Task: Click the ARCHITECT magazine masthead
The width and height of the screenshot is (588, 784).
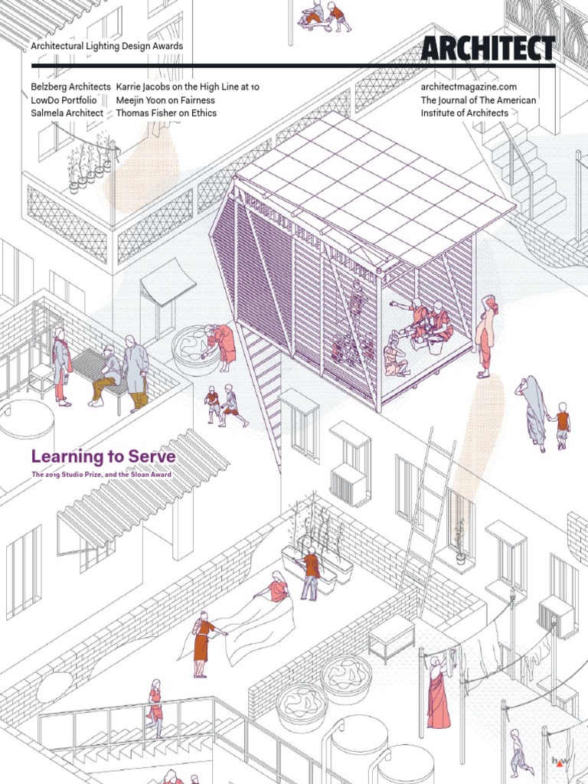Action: tap(488, 48)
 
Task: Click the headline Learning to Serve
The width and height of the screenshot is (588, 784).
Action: tap(103, 457)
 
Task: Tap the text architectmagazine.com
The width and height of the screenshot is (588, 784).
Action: tap(469, 87)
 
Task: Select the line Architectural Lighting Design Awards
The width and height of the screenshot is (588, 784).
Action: tap(106, 47)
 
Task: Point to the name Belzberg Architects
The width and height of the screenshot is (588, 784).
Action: tap(70, 87)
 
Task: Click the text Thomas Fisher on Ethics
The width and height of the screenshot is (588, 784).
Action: tap(166, 113)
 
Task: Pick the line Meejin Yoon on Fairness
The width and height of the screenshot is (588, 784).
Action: tap(165, 100)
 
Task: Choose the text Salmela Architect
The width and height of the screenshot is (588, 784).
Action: tap(67, 113)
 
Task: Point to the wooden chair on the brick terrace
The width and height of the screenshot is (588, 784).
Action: tap(41, 379)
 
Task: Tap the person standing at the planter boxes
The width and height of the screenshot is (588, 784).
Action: tap(310, 574)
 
